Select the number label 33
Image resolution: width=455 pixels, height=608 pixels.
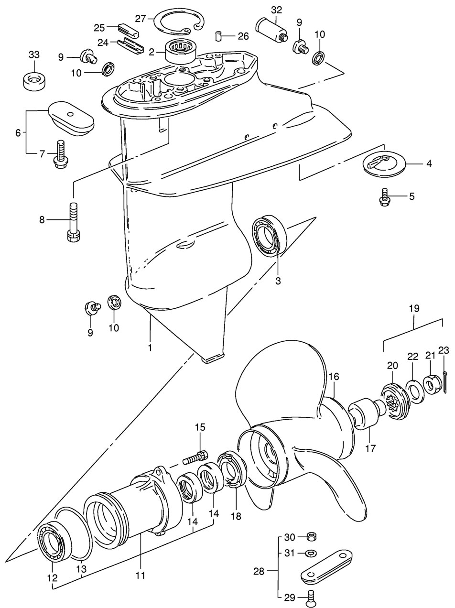coord(34,55)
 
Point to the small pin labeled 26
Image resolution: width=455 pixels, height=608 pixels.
coord(219,36)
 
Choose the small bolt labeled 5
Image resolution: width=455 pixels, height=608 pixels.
coord(384,197)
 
